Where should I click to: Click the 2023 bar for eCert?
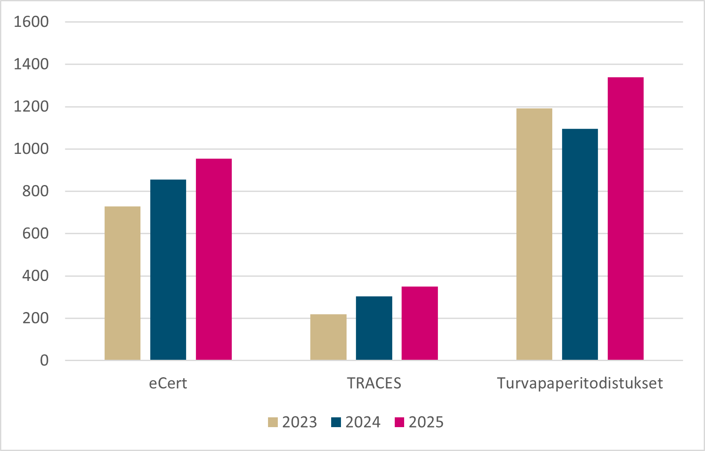(122, 283)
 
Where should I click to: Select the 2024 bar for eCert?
(168, 270)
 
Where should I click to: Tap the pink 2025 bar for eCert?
(214, 259)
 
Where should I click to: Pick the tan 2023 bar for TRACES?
(328, 337)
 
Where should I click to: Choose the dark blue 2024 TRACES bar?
(374, 328)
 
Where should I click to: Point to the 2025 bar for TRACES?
(420, 323)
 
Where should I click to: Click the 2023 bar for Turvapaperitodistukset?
(534, 234)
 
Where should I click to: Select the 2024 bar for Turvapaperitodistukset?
(580, 244)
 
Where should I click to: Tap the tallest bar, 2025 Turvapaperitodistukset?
(625, 219)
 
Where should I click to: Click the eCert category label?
(168, 383)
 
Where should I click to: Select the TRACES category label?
(374, 383)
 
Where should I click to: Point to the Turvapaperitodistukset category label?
(580, 383)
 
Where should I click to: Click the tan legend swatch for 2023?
(273, 422)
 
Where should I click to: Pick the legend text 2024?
(363, 422)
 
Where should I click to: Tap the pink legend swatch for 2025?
(399, 422)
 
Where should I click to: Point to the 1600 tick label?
(31, 22)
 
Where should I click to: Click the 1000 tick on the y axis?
(31, 149)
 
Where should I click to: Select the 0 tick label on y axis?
(44, 361)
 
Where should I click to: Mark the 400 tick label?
(35, 276)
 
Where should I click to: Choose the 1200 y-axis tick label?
(31, 107)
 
